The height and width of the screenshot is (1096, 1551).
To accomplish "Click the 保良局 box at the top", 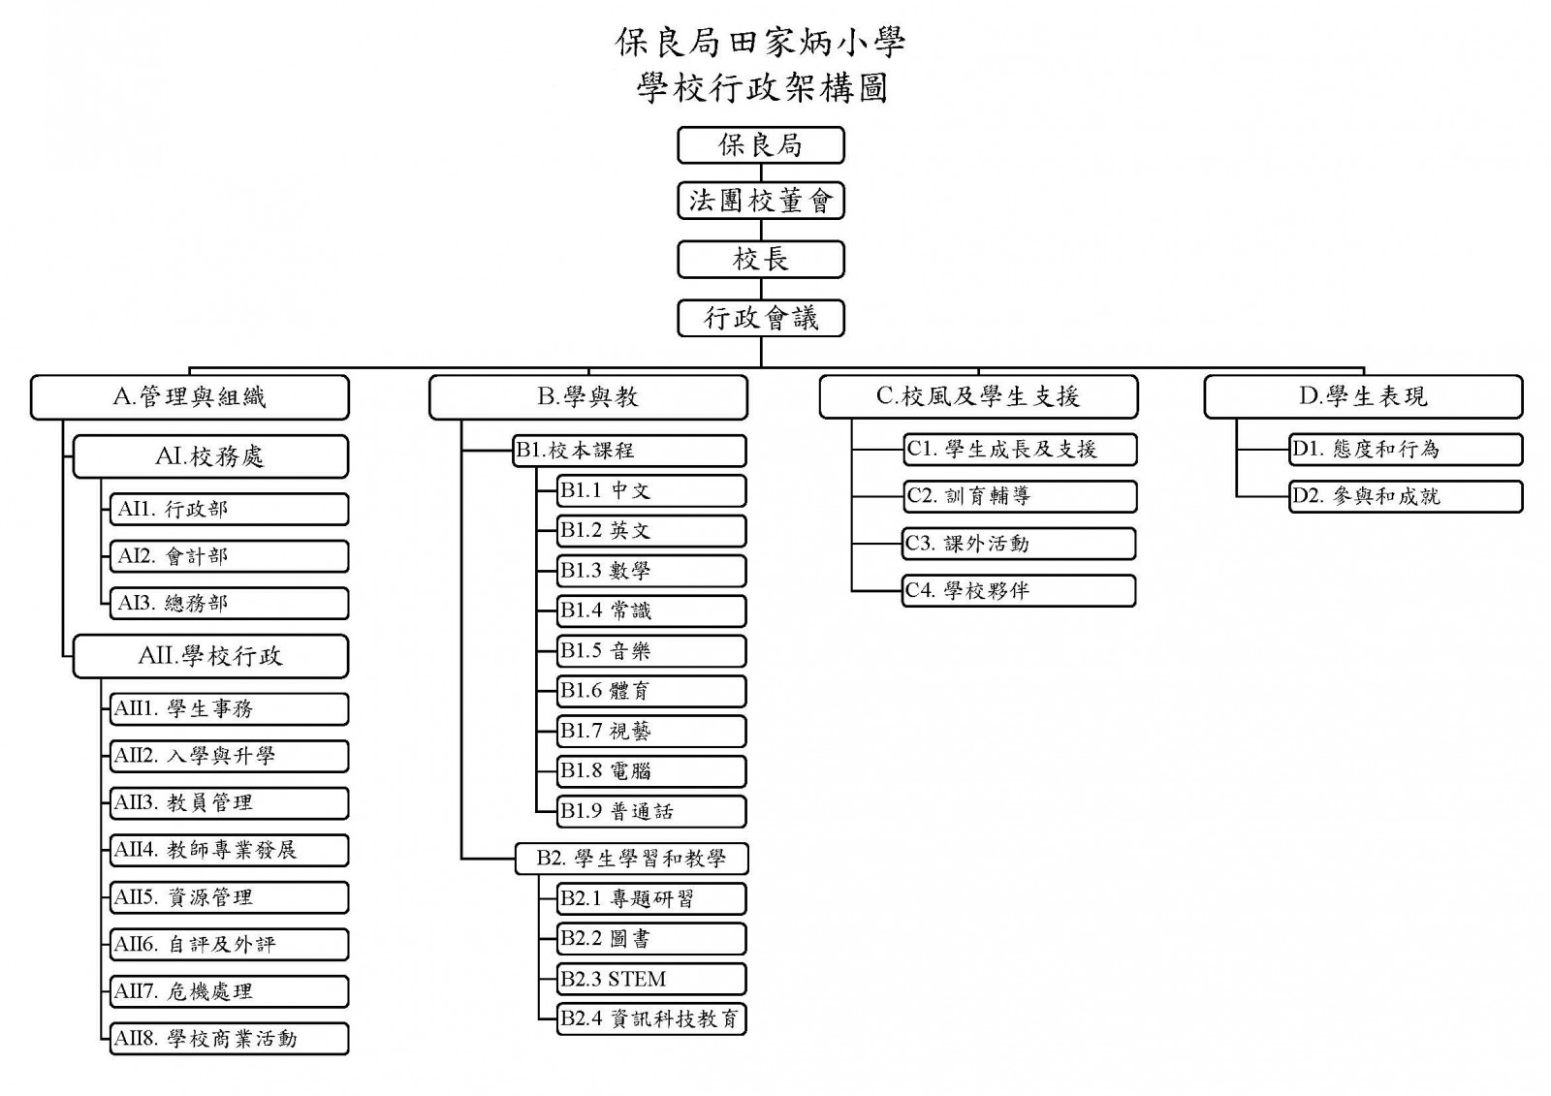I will pyautogui.click(x=760, y=145).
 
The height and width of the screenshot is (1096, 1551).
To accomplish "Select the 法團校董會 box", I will pyautogui.click(x=760, y=202).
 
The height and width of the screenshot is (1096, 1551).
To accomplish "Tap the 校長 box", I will pyautogui.click(x=760, y=260).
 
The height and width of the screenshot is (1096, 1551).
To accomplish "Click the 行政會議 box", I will pyautogui.click(x=760, y=318).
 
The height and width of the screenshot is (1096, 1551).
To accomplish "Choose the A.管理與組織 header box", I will pyautogui.click(x=190, y=397).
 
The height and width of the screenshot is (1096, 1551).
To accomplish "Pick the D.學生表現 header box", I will pyautogui.click(x=1363, y=397).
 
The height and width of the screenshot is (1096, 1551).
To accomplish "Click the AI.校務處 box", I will pyautogui.click(x=210, y=456).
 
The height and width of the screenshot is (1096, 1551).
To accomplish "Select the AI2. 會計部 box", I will pyautogui.click(x=229, y=556).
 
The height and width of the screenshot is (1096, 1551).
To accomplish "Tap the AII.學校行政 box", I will pyautogui.click(x=210, y=656).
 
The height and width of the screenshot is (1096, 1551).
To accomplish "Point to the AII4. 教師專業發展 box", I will pyautogui.click(x=229, y=850).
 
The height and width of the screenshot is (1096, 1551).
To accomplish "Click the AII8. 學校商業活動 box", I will pyautogui.click(x=229, y=1039).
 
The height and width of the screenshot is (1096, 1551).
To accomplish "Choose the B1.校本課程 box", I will pyautogui.click(x=630, y=451).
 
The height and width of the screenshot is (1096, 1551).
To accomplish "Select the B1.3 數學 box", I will pyautogui.click(x=651, y=571).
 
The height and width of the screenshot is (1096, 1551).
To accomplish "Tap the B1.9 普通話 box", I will pyautogui.click(x=651, y=811).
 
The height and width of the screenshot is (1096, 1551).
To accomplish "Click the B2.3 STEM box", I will pyautogui.click(x=651, y=979).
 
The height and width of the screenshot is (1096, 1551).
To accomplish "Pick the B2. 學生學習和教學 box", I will pyautogui.click(x=632, y=859).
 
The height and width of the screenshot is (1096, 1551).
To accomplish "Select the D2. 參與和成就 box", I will pyautogui.click(x=1406, y=496).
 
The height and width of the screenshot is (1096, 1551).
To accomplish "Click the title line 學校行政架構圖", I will pyautogui.click(x=762, y=89).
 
